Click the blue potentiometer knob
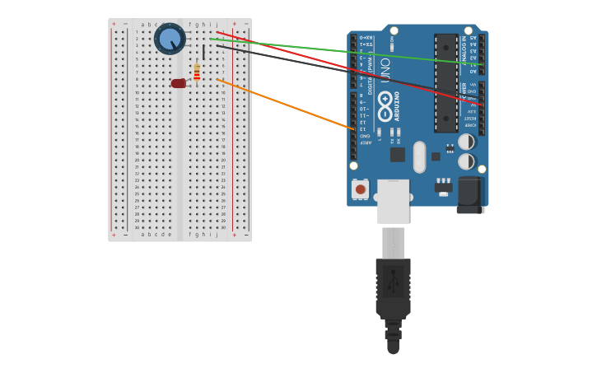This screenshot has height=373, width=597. pos(170,39)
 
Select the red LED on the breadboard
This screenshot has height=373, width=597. pos(178,83)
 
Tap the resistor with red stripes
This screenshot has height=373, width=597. pos(197,73)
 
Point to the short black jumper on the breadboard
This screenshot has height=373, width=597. pos(203,52)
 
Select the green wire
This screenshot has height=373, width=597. pos(346,51)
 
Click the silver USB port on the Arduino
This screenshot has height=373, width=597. pos(393,201)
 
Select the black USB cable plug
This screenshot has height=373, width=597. pos(393,288)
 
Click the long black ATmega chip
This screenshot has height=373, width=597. pos(445,82)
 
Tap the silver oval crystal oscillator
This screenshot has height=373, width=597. pos(419,156)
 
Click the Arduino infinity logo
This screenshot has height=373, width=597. pos(385,101)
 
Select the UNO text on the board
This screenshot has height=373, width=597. pos(385,74)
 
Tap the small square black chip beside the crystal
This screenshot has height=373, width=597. pos(397,154)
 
